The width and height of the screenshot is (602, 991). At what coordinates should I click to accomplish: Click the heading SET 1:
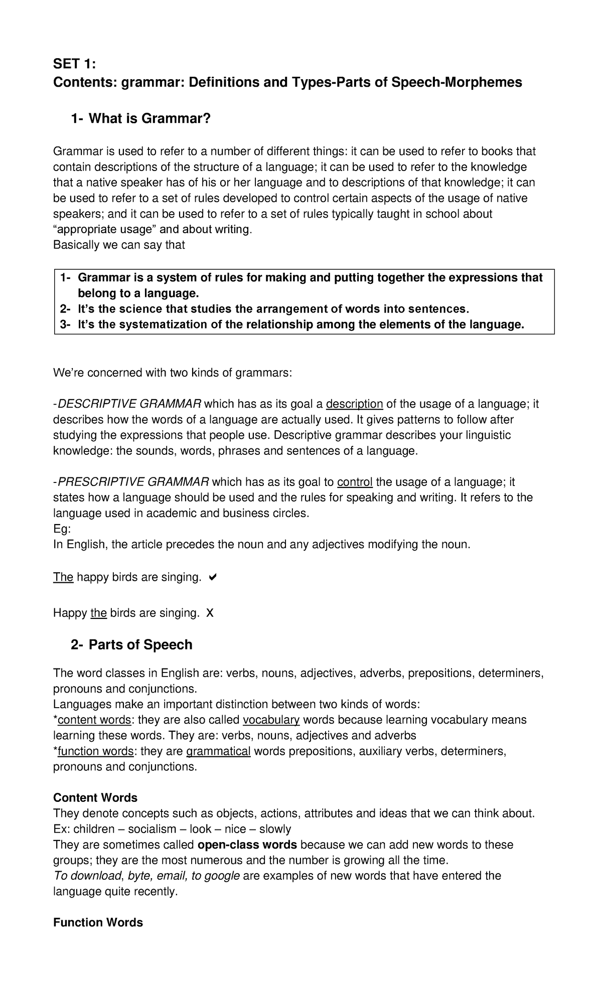pyautogui.click(x=74, y=64)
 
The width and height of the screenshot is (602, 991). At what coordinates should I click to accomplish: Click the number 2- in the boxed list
pyautogui.click(x=66, y=309)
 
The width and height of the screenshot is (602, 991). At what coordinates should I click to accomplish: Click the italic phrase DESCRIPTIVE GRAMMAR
pyautogui.click(x=130, y=404)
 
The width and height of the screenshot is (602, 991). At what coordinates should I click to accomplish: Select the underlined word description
pyautogui.click(x=354, y=404)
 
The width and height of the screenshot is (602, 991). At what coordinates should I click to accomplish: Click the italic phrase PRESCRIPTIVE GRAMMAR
pyautogui.click(x=133, y=482)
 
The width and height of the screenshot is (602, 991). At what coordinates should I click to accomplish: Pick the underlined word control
pyautogui.click(x=355, y=482)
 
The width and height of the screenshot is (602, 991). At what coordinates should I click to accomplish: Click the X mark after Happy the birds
pyautogui.click(x=210, y=613)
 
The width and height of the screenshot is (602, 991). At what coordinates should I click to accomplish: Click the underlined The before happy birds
pyautogui.click(x=63, y=577)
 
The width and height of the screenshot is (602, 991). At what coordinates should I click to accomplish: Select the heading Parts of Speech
pyautogui.click(x=140, y=644)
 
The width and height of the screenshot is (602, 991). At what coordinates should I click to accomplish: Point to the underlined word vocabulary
pyautogui.click(x=271, y=720)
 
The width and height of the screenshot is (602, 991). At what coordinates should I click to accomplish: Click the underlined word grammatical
pyautogui.click(x=218, y=751)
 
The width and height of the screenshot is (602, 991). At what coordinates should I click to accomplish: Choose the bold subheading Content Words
pyautogui.click(x=95, y=797)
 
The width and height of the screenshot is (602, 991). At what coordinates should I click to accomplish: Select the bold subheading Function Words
pyautogui.click(x=98, y=922)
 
